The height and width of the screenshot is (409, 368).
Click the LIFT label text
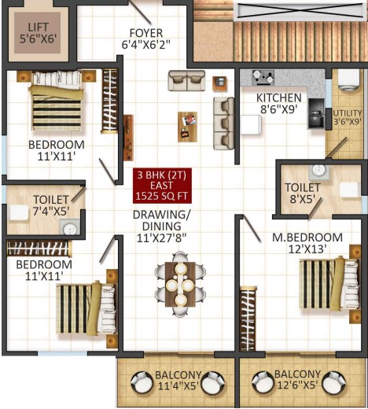pos(39,28)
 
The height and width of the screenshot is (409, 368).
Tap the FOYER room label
pos(146,33)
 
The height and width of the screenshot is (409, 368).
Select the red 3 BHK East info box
pos(162,186)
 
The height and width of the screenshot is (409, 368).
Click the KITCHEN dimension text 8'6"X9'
pos(278,109)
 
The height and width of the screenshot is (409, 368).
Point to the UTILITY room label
pos(348,113)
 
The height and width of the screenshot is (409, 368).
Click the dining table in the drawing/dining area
pos(180,285)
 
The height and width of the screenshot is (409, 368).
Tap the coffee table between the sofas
pos(187,127)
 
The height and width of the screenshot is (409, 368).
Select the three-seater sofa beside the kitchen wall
pos(223,123)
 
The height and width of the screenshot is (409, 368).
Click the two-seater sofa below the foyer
pos(186,80)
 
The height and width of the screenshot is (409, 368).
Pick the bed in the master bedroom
pos(329,283)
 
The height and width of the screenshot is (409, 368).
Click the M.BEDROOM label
pos(307,238)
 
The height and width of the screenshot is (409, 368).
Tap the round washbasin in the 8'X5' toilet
pos(319,170)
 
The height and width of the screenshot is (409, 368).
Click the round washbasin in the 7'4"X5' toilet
pos(69,229)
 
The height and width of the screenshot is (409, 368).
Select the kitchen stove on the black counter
pos(316,113)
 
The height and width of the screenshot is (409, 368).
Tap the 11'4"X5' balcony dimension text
pos(178,386)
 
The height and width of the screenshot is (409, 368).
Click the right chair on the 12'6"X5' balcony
pos(334,381)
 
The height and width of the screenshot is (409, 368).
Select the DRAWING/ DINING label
pos(162,220)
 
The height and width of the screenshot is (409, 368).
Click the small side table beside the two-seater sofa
pos(219,83)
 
